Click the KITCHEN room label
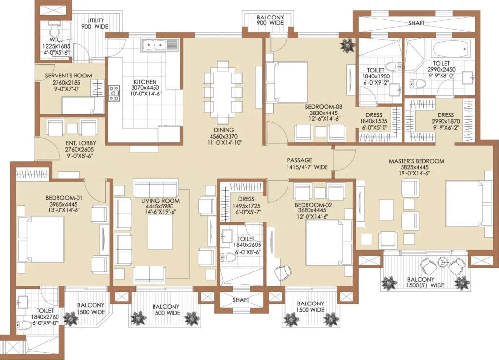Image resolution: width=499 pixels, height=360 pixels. (x=145, y=82)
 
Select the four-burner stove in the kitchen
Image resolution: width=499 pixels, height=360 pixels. (x=114, y=93)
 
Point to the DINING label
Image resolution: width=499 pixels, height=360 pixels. (x=224, y=130)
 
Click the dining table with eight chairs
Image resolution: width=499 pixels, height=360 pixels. (x=223, y=93)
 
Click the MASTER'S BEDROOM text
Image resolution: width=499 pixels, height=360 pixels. (x=416, y=161)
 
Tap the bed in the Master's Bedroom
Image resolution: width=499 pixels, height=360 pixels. (x=468, y=204)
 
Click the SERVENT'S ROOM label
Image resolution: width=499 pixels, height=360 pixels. (x=68, y=76)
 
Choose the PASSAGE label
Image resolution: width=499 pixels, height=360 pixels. (x=300, y=160)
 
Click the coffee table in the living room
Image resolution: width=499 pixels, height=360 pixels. (x=160, y=232)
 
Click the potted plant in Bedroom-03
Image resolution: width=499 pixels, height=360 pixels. (x=347, y=46)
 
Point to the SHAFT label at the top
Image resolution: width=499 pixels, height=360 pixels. (x=417, y=23)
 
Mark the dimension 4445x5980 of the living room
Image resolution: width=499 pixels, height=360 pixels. (x=160, y=207)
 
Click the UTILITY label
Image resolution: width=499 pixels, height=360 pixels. (x=96, y=20)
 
